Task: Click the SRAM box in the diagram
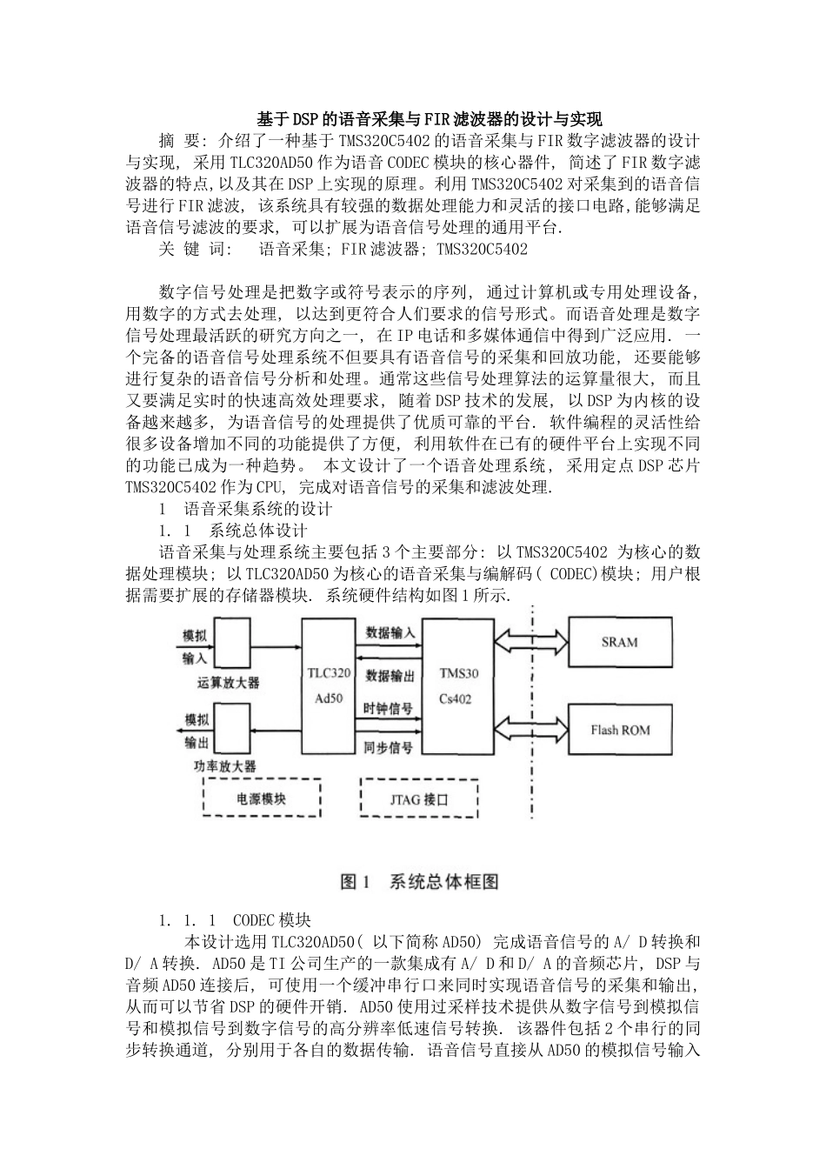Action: [x=620, y=643]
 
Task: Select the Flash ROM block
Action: [x=620, y=730]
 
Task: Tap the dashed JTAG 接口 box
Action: [x=418, y=798]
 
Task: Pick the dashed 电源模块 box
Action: [x=262, y=797]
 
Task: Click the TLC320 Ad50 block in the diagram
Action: [x=330, y=686]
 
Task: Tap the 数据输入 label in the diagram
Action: [x=390, y=632]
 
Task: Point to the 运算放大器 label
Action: [x=229, y=683]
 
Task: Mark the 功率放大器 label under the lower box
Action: [x=225, y=766]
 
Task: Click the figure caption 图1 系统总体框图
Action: [x=419, y=881]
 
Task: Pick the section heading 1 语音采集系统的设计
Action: [x=245, y=509]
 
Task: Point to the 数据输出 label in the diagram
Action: [x=390, y=674]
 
